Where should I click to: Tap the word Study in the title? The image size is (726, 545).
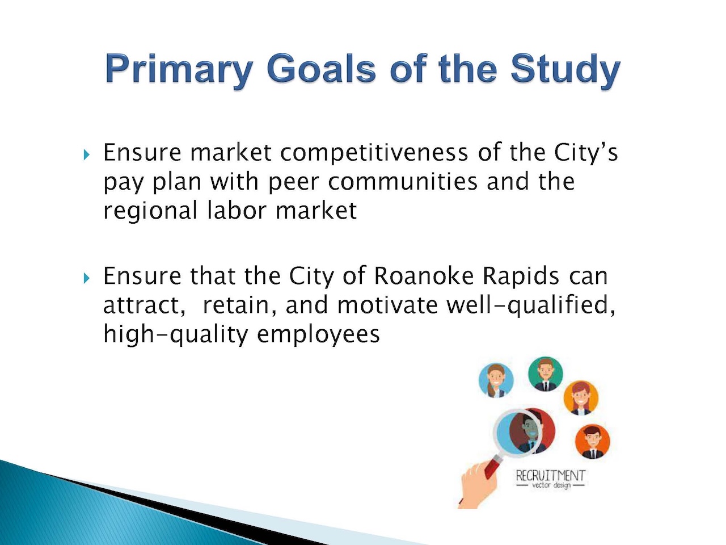coord(565,70)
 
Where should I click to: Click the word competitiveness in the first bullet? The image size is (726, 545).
coord(374,153)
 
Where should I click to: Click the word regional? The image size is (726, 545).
coord(150,211)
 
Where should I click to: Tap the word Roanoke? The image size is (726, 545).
coord(424,276)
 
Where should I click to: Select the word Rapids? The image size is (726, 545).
coord(521,276)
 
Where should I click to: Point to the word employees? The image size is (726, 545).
coord(318,335)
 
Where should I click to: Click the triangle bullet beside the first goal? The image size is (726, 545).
coord(86,154)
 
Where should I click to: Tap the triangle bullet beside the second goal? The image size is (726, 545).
coord(86,278)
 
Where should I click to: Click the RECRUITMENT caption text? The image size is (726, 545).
coord(550,476)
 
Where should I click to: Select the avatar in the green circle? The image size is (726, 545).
coord(546,374)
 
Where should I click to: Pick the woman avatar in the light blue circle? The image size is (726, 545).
coord(496,380)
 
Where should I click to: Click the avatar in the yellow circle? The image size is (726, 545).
coord(581,398)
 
